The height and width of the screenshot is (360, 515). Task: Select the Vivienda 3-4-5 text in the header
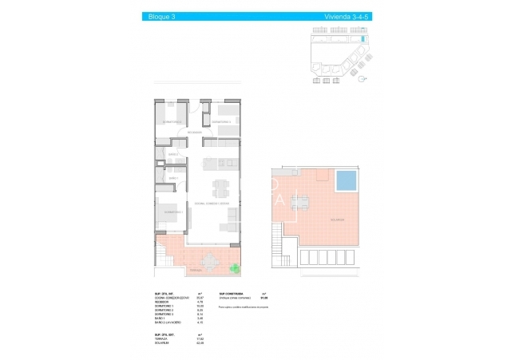coord(342,16)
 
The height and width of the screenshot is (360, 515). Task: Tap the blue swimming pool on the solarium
coord(347,183)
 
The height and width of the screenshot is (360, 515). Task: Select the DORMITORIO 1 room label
coord(173,212)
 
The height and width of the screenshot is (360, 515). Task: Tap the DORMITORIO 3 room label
coord(172,121)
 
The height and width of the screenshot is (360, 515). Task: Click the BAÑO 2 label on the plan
coord(160,154)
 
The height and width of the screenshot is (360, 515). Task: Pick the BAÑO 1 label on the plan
coord(160,177)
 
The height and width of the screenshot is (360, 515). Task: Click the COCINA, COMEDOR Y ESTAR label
coord(213,204)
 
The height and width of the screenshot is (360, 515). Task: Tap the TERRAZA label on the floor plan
coord(172,271)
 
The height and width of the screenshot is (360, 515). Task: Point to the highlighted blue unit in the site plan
coord(363,38)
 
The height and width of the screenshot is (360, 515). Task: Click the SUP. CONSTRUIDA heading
coord(228,295)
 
